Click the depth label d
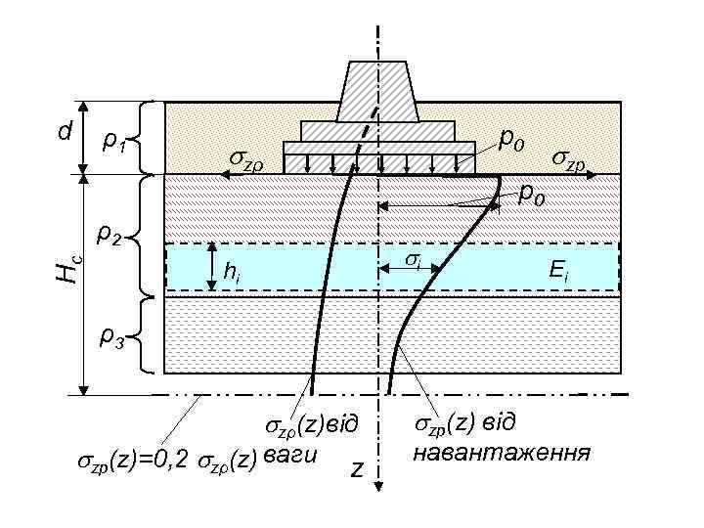tap(64, 130)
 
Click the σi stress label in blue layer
tap(413, 260)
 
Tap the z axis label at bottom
tap(357, 470)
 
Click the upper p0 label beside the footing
tap(511, 142)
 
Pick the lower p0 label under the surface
tap(532, 193)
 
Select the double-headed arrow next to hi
tap(210, 267)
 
